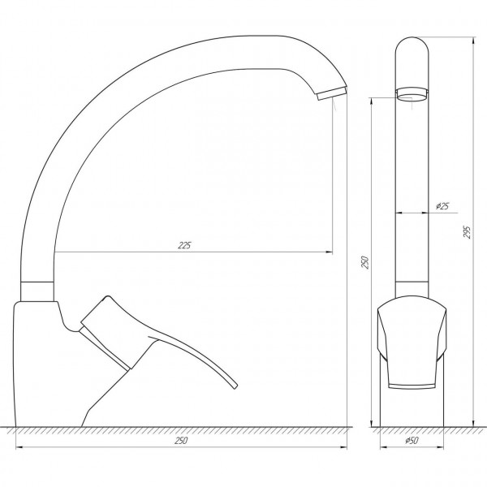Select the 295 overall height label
coord(467,232)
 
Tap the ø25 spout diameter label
coord(443,206)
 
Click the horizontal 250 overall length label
coord(182,441)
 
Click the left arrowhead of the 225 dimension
coord(58,252)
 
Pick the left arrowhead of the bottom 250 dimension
coord(19,448)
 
